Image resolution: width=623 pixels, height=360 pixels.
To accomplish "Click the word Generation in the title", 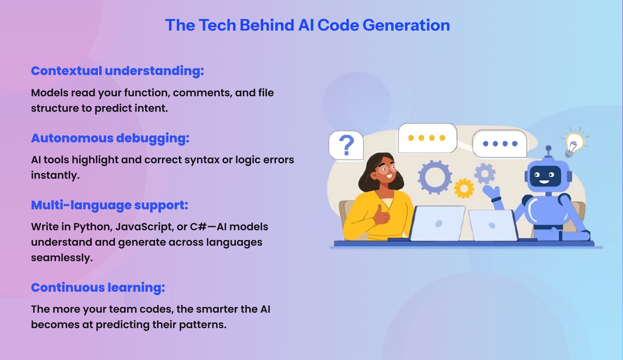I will (x=406, y=25).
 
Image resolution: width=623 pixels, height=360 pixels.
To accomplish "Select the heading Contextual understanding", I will (x=117, y=71).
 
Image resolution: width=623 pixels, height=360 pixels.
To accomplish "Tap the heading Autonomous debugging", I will (x=110, y=138).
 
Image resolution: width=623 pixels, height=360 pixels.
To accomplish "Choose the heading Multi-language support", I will (x=109, y=205).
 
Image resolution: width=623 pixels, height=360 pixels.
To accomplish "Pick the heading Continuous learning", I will (x=98, y=288).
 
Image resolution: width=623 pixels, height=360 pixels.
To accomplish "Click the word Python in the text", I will (x=92, y=227).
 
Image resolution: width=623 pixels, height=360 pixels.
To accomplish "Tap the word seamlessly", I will (x=62, y=258).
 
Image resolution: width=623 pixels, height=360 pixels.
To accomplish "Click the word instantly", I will (x=55, y=175).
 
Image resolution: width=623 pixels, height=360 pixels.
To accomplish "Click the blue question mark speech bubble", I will (x=346, y=145).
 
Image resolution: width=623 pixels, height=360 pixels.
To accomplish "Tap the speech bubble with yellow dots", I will (x=427, y=138).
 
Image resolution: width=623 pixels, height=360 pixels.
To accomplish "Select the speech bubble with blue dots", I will (x=499, y=144).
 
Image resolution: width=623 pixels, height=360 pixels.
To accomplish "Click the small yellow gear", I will (x=464, y=188).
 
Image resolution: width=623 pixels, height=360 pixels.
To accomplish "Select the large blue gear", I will (x=434, y=177).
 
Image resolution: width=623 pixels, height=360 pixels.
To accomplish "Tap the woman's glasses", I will (x=388, y=168).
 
